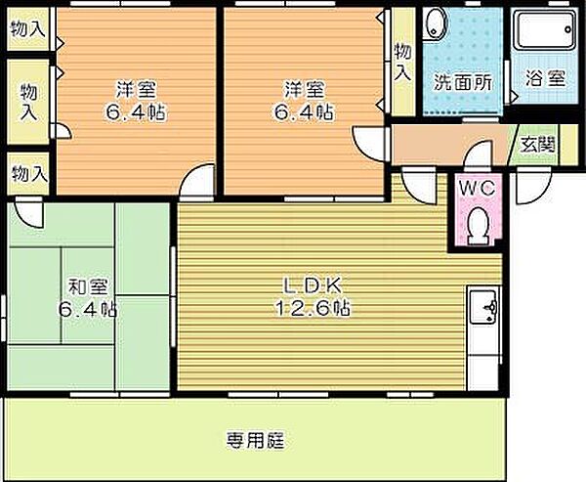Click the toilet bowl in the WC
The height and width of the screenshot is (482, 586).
pyautogui.click(x=478, y=227)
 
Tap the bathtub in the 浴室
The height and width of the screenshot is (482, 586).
pyautogui.click(x=545, y=30)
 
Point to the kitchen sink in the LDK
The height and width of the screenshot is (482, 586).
pyautogui.click(x=484, y=305)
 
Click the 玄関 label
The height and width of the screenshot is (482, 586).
pyautogui.click(x=538, y=145)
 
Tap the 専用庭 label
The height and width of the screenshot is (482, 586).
pyautogui.click(x=255, y=440)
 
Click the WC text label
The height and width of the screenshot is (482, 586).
pyautogui.click(x=478, y=189)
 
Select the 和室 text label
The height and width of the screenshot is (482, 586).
pyautogui.click(x=88, y=287)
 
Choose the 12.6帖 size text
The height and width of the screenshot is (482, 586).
pyautogui.click(x=314, y=309)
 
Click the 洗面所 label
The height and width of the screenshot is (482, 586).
pyautogui.click(x=463, y=81)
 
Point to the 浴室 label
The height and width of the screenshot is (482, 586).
pyautogui.click(x=545, y=78)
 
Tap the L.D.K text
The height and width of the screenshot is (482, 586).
pyautogui.click(x=314, y=287)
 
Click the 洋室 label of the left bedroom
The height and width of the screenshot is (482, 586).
pyautogui.click(x=136, y=89)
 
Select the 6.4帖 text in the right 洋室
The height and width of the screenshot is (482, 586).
pyautogui.click(x=304, y=111)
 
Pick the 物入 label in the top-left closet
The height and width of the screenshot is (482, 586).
pyautogui.click(x=28, y=28)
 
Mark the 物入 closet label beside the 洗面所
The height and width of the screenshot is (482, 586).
pyautogui.click(x=403, y=63)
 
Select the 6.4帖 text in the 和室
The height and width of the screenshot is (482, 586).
pyautogui.click(x=88, y=310)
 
